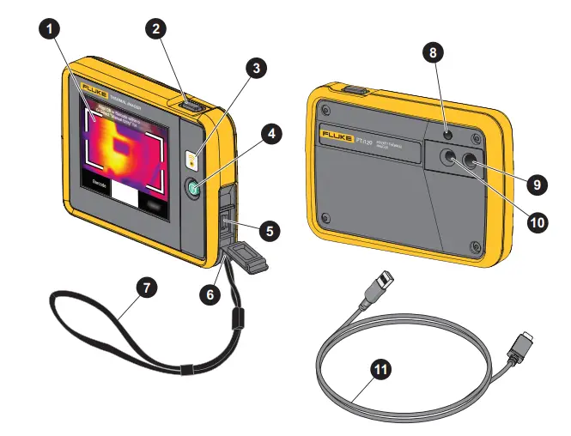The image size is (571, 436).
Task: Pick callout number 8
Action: (x=435, y=52)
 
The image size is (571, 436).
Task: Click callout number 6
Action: (x=209, y=292)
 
